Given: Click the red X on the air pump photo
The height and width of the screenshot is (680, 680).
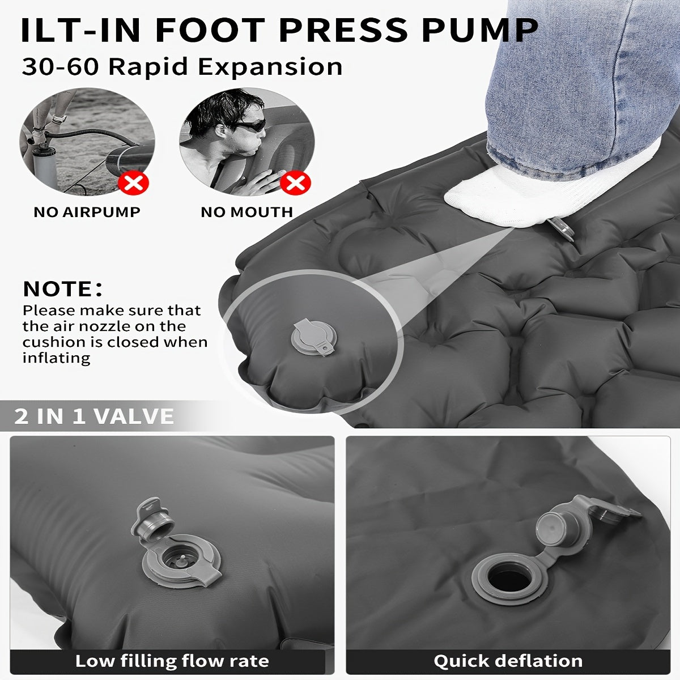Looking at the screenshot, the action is coord(133,182).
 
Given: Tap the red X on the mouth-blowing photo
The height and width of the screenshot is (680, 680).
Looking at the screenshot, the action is coord(295,182).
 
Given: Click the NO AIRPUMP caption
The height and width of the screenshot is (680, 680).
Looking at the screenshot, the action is coord(87,212).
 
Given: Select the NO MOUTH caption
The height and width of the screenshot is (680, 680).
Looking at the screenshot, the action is coord(246,212).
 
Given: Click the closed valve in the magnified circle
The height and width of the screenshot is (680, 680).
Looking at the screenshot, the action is coord(314,338).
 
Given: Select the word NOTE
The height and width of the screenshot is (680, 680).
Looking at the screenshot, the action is coord(58,289).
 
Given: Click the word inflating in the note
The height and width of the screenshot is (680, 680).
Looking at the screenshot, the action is coord(57,359).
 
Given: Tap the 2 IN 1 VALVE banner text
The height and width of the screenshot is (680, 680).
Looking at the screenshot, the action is coord(94,416).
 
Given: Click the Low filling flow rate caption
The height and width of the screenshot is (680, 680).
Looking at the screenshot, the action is coord(172,661).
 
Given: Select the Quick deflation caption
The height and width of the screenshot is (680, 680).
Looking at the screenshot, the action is coord(508,661).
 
